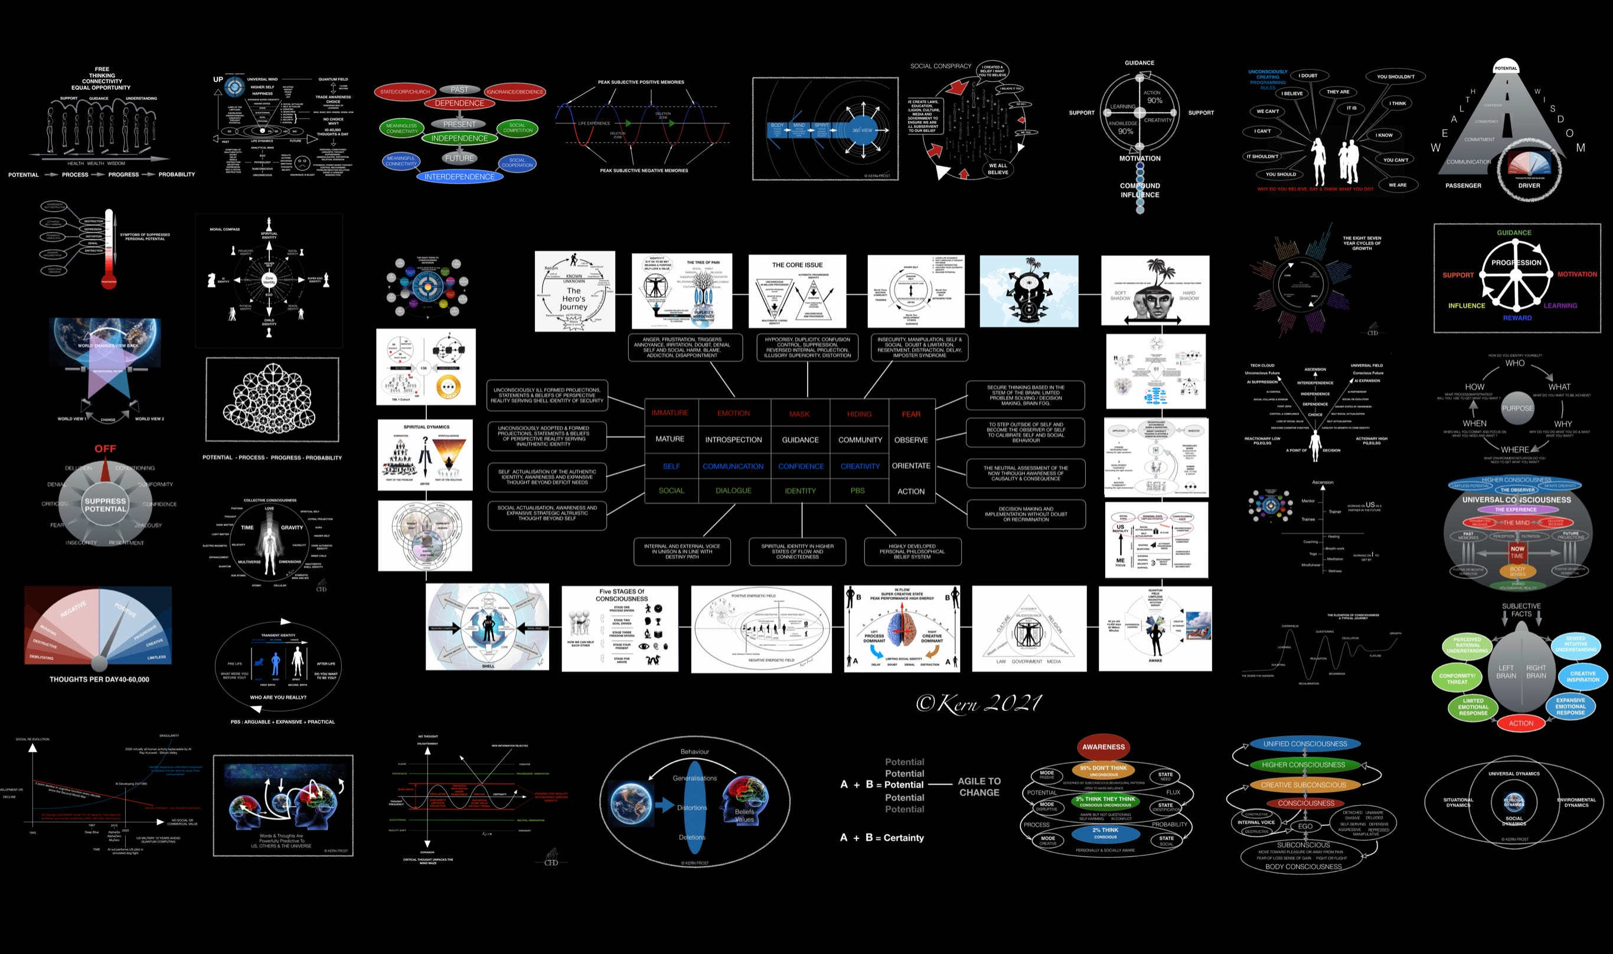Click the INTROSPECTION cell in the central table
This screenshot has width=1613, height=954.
click(x=733, y=440)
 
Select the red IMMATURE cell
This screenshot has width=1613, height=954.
click(x=670, y=413)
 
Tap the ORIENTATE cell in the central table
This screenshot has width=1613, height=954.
click(x=910, y=465)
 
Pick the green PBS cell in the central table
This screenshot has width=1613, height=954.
click(x=858, y=491)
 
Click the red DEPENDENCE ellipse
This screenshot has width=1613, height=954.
click(x=459, y=103)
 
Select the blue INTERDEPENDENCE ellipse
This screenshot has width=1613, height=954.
click(x=459, y=177)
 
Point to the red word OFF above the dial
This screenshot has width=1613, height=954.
click(x=106, y=449)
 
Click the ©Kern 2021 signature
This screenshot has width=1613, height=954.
click(x=978, y=703)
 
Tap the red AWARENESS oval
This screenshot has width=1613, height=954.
click(x=1103, y=747)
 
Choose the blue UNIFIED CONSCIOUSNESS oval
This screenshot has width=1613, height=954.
click(x=1304, y=744)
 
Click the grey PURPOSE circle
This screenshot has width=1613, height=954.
click(x=1517, y=408)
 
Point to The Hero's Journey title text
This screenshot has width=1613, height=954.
click(x=573, y=299)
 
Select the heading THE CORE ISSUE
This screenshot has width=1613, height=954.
click(x=797, y=265)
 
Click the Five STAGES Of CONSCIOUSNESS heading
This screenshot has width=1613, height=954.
click(x=621, y=594)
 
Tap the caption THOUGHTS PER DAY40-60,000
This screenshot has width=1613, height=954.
click(x=99, y=679)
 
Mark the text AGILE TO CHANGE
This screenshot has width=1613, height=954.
click(x=979, y=787)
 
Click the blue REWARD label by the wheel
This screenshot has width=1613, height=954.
click(x=1517, y=318)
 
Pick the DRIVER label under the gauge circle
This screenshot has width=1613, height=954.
click(x=1529, y=186)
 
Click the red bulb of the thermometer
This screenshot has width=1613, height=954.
click(x=109, y=280)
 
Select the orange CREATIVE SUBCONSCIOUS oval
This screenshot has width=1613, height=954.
click(x=1303, y=785)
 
